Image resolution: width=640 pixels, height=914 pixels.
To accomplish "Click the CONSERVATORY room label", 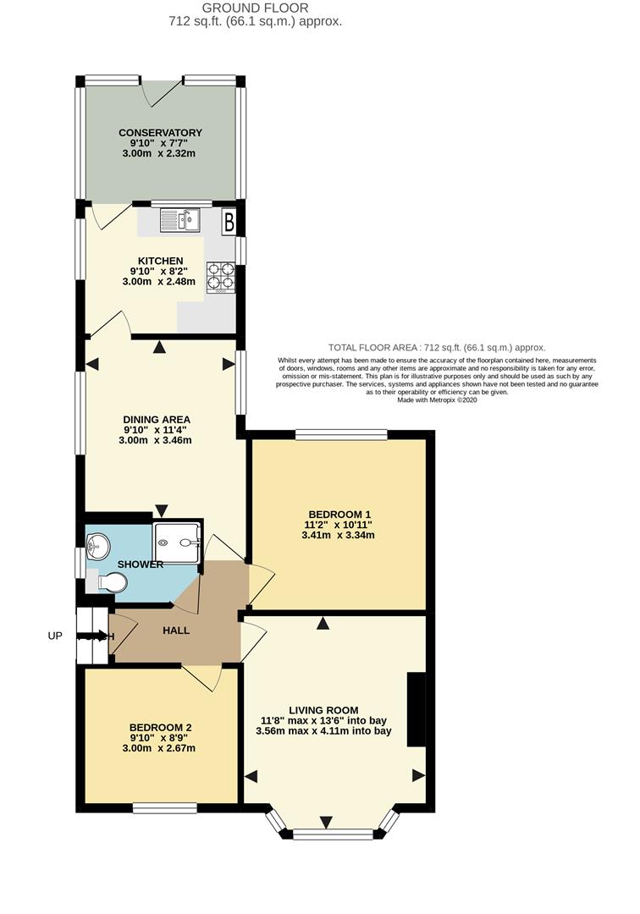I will [160, 133].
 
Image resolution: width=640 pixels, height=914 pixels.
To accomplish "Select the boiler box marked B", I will [228, 223].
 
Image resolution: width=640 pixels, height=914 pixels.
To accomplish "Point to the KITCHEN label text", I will [161, 260].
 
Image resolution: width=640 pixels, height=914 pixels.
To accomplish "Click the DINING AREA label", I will [157, 419].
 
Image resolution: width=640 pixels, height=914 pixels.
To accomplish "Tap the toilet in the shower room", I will [112, 581].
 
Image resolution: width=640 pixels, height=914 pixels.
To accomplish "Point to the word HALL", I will [176, 630].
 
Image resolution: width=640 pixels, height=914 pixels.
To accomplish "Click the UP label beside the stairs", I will [55, 636].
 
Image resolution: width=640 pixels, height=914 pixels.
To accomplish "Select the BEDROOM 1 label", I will [339, 514].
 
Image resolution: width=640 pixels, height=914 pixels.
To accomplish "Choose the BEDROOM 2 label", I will [160, 727].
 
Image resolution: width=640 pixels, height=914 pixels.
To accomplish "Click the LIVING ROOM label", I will [323, 710].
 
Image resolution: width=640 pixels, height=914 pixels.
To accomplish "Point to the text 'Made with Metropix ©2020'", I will [438, 400].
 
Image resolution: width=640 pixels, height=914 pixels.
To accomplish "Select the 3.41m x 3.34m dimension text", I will [338, 535].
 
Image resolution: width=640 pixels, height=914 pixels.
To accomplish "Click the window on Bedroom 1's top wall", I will [341, 435].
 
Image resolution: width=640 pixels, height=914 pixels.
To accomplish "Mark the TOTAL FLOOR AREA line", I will [437, 348].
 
